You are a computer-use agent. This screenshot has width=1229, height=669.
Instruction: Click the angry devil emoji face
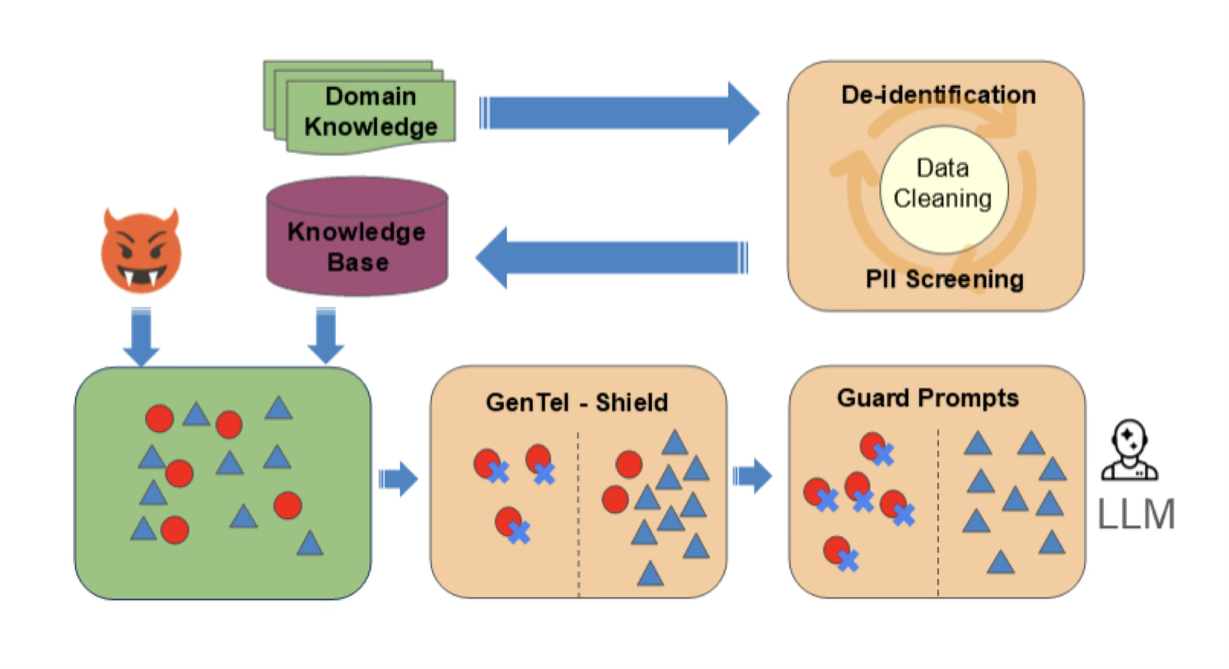click(141, 252)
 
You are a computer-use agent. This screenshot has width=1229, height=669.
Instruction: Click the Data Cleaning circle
click(943, 188)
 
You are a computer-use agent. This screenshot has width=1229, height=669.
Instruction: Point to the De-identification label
click(938, 95)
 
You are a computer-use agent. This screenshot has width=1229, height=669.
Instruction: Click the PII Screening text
click(944, 279)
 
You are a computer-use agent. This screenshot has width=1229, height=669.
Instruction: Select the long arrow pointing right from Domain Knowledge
click(619, 113)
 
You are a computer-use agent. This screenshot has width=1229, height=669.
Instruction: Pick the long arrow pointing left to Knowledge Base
click(613, 258)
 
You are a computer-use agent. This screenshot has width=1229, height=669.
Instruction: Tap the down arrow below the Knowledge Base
click(326, 335)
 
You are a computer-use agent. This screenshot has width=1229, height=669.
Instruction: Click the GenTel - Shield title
click(576, 402)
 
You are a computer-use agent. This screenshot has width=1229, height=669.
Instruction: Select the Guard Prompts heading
click(928, 398)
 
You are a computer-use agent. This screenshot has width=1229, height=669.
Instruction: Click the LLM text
click(1136, 514)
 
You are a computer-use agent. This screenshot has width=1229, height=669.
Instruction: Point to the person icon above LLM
click(1129, 450)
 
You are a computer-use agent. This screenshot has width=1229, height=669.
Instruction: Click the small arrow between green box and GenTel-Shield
click(399, 479)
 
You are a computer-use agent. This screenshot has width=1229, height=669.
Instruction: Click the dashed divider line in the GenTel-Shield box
click(578, 513)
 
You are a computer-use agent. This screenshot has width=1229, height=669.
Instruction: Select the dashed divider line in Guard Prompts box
click(938, 513)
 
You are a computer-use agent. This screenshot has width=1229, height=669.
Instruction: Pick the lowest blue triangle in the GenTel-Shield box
click(650, 574)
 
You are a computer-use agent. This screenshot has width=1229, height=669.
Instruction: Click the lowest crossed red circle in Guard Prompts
click(840, 553)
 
